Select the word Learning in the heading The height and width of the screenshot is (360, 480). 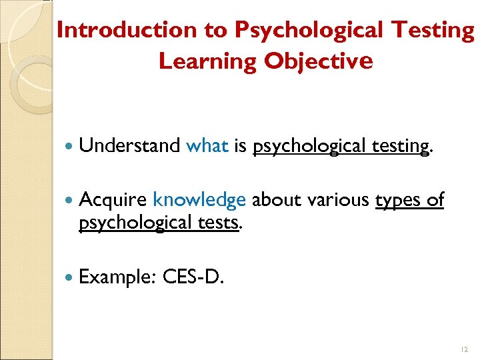tap(208, 61)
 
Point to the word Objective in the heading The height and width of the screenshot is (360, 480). tap(318, 61)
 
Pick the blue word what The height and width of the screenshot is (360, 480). tap(207, 145)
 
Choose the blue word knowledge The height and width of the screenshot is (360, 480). tap(199, 200)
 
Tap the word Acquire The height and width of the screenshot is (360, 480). tap(113, 200)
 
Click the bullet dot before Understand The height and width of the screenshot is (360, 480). tap(69, 146)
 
